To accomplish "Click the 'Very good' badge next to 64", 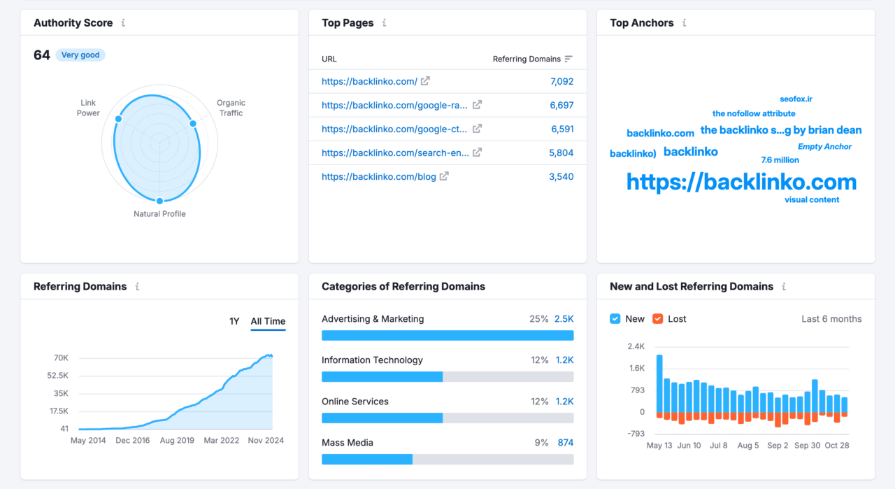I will coord(80,55).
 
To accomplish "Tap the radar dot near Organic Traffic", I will coord(193,124).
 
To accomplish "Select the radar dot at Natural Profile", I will coord(159,201).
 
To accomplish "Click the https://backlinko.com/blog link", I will coord(378,177).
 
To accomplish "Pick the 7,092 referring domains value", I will coord(561,82).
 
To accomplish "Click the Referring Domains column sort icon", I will coord(568,59).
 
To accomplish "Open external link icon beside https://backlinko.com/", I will coord(425,81).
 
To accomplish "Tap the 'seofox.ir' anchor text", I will coord(796,99).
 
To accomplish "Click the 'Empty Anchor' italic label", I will coord(824,147).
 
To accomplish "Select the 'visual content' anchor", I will coord(812,200).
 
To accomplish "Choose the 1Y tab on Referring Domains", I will coord(234,322).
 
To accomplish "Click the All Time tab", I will coord(268,322).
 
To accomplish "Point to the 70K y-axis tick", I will coord(61,358).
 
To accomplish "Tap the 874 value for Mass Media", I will coord(565,443).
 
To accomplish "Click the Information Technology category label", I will coord(372,360).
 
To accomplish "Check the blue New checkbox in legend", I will coord(615,319).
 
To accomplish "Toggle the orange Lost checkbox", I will coord(657,319).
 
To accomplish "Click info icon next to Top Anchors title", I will coord(684,23).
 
